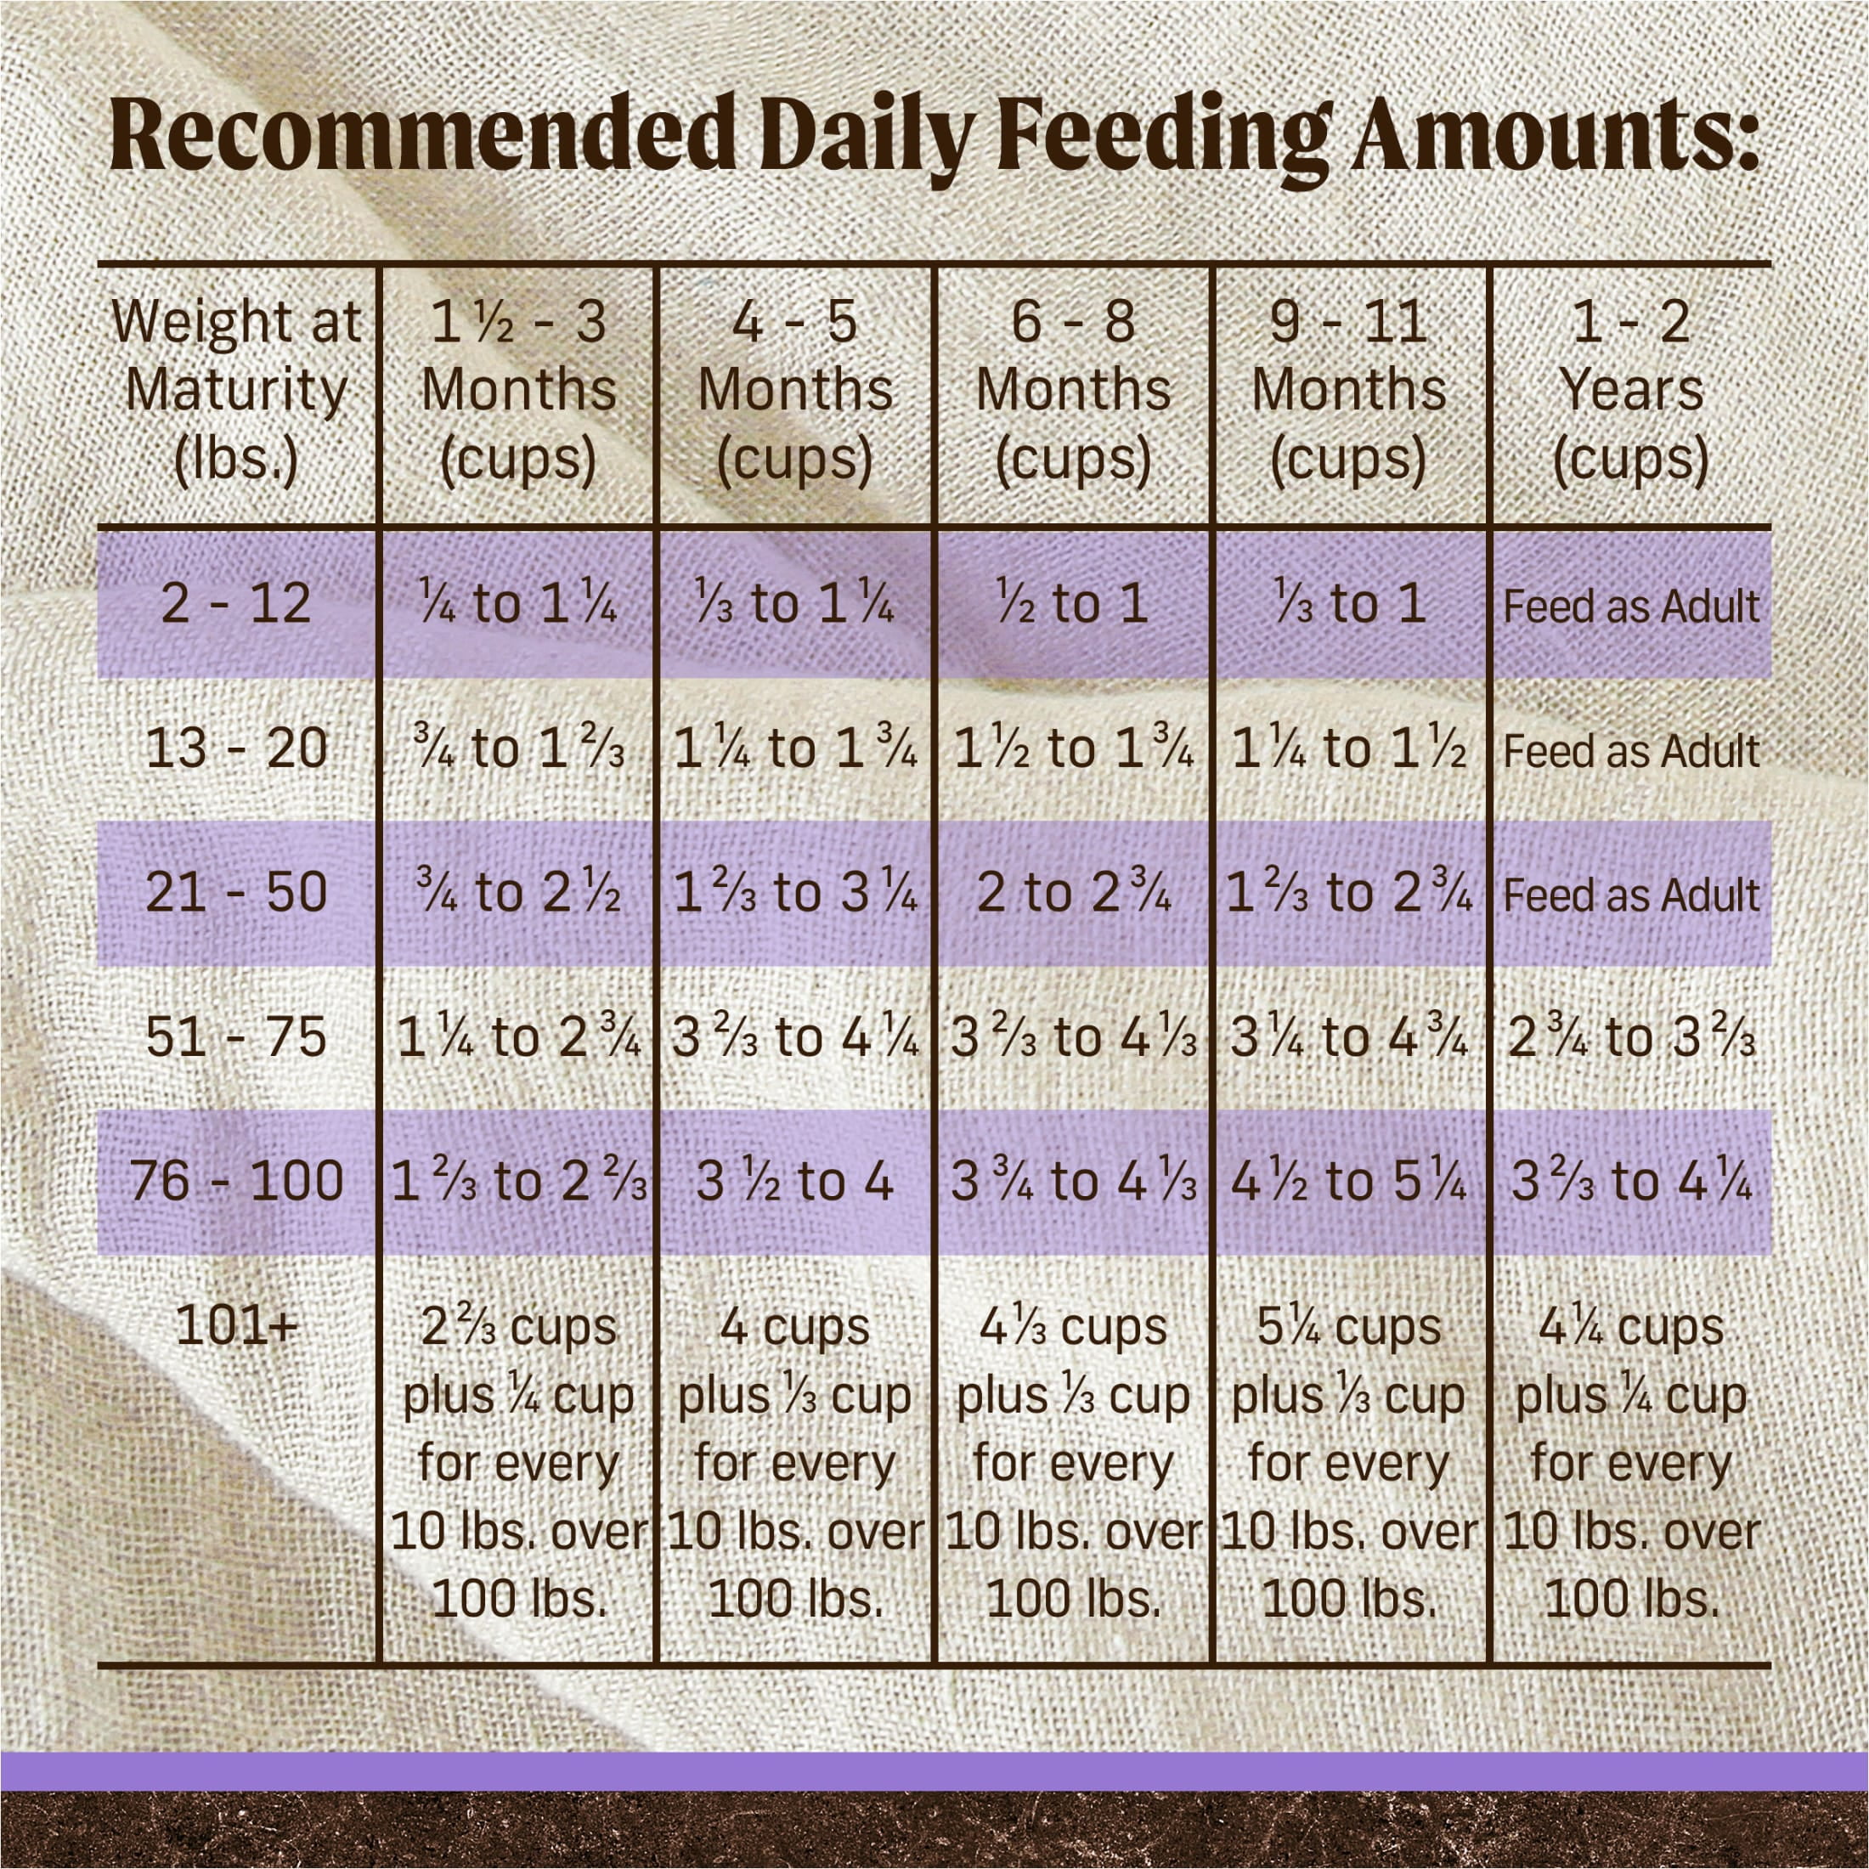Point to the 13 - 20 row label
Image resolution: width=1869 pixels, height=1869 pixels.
236,748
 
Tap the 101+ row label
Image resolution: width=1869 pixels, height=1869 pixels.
236,1326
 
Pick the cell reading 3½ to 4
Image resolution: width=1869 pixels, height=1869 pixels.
794,1181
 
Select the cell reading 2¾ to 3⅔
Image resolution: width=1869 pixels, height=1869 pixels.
1631,1037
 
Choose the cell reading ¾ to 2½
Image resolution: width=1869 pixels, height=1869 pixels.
518,893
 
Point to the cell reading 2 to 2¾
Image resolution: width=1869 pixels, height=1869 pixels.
1073,893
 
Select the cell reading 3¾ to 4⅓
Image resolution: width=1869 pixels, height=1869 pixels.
1073,1181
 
